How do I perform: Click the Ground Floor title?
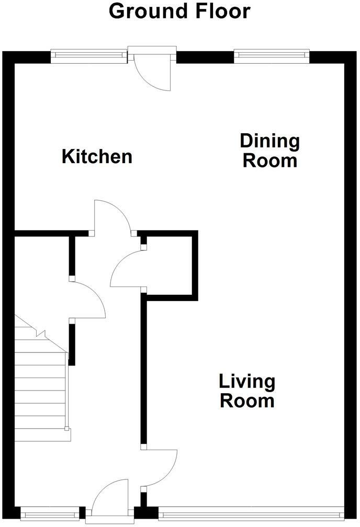179,11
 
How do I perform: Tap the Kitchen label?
97,156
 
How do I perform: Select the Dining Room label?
269,150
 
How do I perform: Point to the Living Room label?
246,391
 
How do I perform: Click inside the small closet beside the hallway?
170,264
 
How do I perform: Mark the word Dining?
269,141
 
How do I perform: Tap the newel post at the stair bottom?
66,429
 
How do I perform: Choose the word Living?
246,382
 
